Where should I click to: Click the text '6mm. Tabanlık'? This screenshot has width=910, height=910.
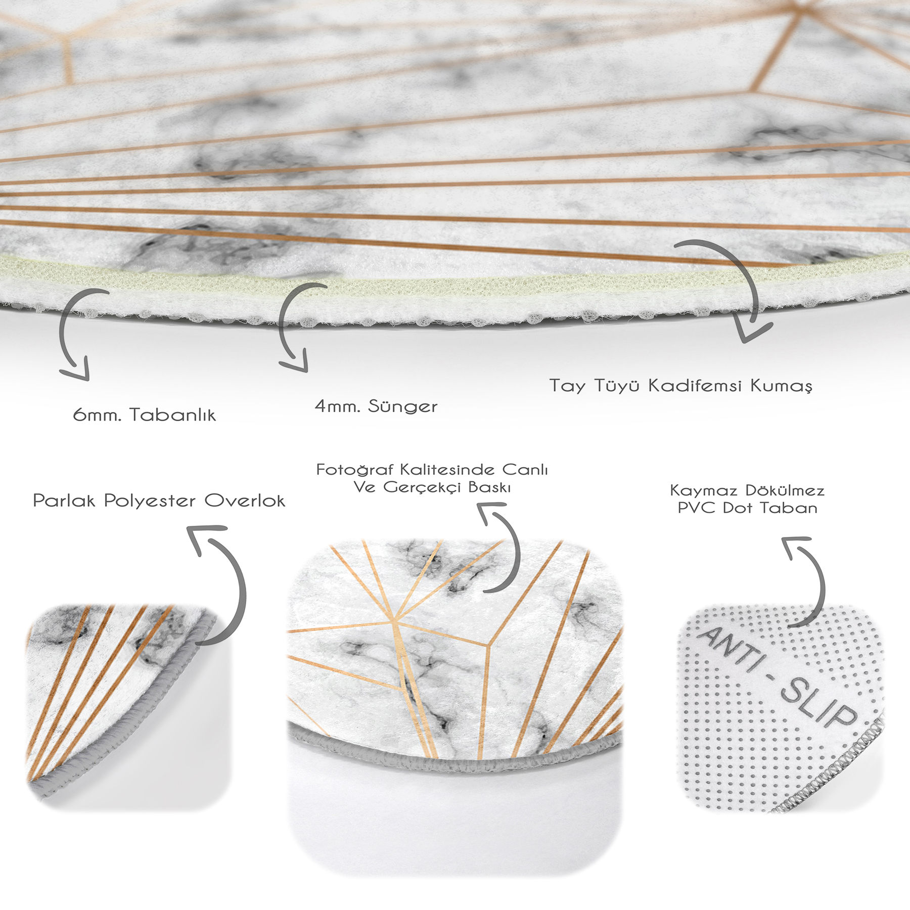145,415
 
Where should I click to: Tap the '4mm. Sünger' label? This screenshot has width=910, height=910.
376,406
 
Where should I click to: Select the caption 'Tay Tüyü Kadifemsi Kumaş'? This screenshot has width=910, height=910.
681,386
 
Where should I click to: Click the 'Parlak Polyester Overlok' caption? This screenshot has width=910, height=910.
159,500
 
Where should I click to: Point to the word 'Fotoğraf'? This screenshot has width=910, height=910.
355,470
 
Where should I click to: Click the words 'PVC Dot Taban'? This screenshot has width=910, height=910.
748,508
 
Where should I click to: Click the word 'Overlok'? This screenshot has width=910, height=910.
245,500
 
